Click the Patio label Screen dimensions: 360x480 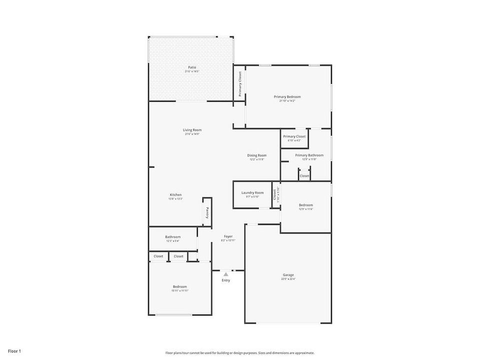coord(192,67)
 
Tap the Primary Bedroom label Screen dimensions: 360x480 coord(287,96)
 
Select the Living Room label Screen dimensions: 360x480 coord(192,130)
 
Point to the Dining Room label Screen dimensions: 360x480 coord(256,155)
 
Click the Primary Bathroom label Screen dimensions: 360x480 coord(309,155)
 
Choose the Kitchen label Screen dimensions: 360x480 coord(175,194)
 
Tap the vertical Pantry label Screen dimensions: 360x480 coord(207,212)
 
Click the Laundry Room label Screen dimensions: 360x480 coord(252,192)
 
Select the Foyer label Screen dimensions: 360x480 coord(228,236)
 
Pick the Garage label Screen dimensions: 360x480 coord(288,274)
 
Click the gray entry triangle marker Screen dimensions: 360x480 coord(226,274)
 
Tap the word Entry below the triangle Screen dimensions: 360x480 coord(226,280)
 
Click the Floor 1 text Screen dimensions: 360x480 coord(14,351)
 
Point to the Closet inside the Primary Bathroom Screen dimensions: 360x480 coord(304,176)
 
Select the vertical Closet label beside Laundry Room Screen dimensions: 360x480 coord(274,194)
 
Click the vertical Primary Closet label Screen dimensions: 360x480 coord(240,83)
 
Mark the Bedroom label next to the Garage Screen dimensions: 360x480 coord(306,204)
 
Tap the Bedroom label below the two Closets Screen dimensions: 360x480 coord(180,286)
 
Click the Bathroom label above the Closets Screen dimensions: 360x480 coord(173,236)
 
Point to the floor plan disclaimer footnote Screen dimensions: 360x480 coord(240,352)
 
